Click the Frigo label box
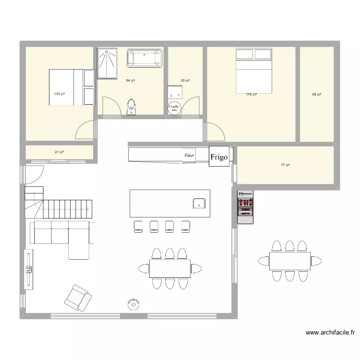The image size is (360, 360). click(219, 157)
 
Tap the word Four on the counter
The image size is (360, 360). click(190, 156)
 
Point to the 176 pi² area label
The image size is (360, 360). click(251, 95)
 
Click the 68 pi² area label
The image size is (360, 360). click(317, 95)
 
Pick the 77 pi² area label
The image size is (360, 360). click(286, 165)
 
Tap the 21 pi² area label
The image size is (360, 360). click(59, 152)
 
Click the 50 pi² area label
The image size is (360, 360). click(185, 80)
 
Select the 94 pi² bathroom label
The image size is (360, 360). click(130, 80)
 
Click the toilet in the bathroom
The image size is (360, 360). click(132, 107)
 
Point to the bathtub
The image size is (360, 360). click(145, 59)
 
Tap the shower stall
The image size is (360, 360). click(108, 63)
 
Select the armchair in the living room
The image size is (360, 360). click(78, 297)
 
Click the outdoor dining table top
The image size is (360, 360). click(289, 261)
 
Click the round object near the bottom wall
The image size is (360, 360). click(133, 303)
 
